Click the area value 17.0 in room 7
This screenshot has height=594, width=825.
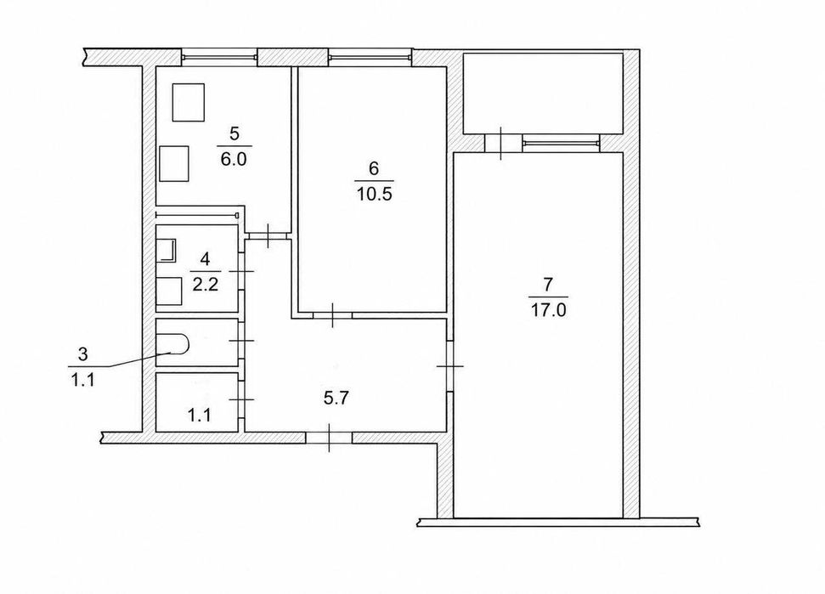coord(548,310)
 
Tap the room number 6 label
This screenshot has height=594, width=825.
coord(374,168)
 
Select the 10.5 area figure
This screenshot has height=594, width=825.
coord(375,195)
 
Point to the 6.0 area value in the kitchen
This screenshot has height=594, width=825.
coord(234,159)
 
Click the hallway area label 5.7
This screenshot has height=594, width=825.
coord(336,399)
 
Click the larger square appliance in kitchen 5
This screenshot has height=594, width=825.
coord(189,102)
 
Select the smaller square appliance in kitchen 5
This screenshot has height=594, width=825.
coord(174,164)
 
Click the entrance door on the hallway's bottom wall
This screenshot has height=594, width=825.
coord(329,438)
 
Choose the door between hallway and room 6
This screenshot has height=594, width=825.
coord(332,315)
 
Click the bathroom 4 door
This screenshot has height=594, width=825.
coord(241,271)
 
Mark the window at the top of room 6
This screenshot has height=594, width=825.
coord(370,54)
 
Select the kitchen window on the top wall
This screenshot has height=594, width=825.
coord(219,54)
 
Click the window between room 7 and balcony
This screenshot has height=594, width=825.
coord(561,142)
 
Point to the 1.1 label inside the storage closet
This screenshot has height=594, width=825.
coord(200,416)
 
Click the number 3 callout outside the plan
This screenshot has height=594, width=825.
coord(82,354)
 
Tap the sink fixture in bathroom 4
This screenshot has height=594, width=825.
coord(168,251)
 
